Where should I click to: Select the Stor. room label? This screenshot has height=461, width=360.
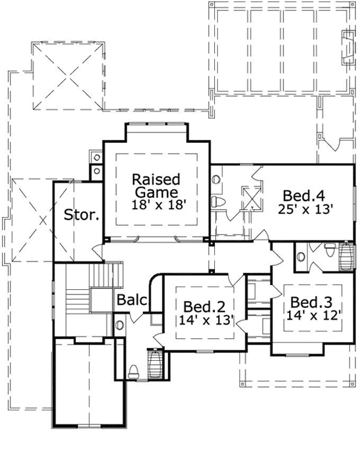[81, 217]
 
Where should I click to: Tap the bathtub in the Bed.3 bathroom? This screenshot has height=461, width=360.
[346, 258]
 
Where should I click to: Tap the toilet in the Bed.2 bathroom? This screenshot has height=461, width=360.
[133, 371]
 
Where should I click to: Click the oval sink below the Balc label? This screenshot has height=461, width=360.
[119, 324]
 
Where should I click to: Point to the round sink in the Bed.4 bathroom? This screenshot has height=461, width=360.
[216, 179]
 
